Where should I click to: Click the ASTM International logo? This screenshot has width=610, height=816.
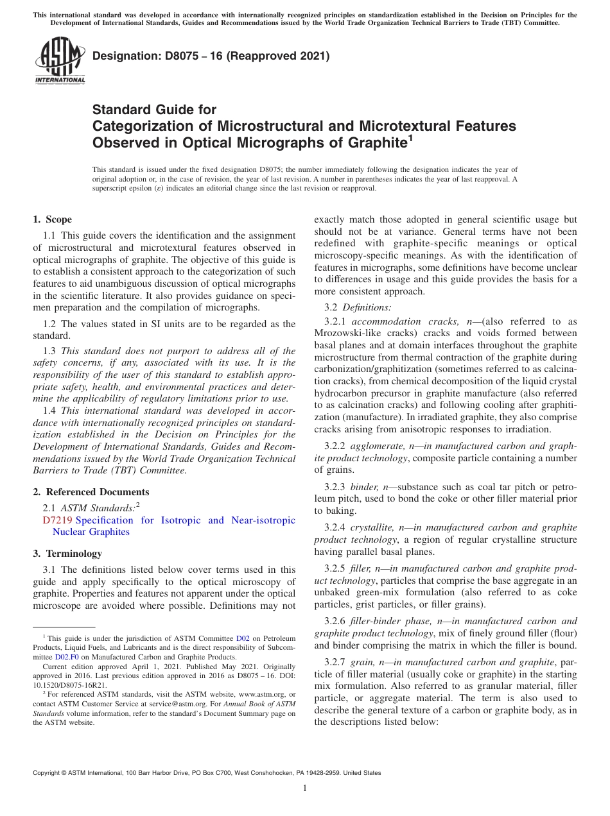click(x=60, y=62)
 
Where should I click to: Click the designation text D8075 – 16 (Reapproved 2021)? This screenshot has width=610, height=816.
click(x=211, y=56)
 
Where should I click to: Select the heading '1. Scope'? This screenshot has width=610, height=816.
click(x=53, y=219)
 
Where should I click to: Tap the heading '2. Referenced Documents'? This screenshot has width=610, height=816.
click(x=91, y=492)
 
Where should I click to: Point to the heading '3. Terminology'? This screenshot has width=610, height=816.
click(x=67, y=554)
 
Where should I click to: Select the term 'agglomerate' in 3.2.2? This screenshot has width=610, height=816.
click(x=374, y=445)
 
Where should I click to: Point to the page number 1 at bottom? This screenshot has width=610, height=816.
click(x=305, y=788)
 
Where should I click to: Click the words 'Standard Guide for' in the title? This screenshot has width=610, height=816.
click(x=154, y=110)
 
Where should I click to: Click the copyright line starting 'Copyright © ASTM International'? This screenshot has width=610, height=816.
click(x=207, y=773)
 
